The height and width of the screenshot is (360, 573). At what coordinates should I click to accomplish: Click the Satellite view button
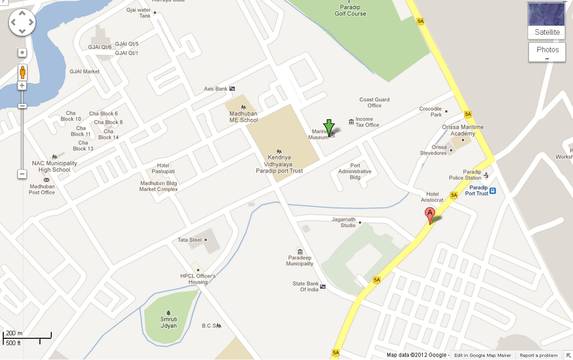(x=547, y=21)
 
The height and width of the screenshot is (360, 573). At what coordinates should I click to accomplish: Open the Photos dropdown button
(x=547, y=51)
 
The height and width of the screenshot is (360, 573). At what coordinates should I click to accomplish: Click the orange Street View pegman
(x=22, y=72)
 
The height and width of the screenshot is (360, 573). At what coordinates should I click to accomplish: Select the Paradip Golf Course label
(x=350, y=11)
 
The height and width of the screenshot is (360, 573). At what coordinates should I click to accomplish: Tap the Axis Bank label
(x=216, y=89)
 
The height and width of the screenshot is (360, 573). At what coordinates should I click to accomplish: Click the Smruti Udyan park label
(x=169, y=323)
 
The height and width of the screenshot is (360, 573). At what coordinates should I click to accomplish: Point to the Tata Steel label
(x=190, y=240)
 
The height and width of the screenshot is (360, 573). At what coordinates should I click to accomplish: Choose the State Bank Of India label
(x=306, y=287)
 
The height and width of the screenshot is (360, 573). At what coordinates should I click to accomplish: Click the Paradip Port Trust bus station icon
(x=493, y=191)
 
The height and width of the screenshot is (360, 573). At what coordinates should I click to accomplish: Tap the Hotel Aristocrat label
(x=432, y=197)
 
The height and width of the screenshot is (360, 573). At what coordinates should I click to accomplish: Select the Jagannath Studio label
(x=344, y=222)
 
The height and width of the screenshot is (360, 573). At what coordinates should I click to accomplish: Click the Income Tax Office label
(x=367, y=122)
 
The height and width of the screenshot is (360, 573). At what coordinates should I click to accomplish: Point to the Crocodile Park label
(x=430, y=112)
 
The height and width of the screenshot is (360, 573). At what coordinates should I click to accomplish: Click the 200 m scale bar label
(x=14, y=333)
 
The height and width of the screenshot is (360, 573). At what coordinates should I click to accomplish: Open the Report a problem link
(x=538, y=355)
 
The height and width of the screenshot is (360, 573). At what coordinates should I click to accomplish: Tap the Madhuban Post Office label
(x=42, y=189)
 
